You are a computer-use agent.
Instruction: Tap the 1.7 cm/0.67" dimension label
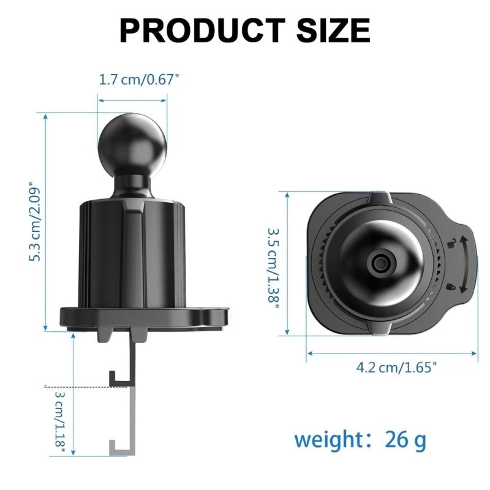coord(139,80)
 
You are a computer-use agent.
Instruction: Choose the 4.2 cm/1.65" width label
coord(397,367)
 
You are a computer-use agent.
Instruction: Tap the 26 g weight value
coord(405,439)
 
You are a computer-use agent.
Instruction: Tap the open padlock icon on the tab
coord(452,244)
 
